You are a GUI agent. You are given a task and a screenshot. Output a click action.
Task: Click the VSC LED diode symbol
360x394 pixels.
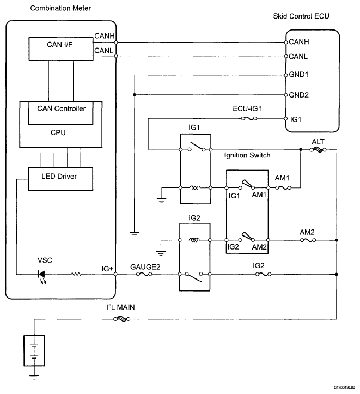click(42, 274)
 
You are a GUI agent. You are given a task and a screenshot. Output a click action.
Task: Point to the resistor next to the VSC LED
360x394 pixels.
click(76, 274)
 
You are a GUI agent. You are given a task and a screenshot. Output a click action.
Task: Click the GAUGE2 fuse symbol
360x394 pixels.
click(144, 274)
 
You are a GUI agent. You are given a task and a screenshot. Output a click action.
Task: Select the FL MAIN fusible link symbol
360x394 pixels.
click(121, 319)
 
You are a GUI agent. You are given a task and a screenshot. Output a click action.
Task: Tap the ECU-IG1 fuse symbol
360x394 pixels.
click(249, 118)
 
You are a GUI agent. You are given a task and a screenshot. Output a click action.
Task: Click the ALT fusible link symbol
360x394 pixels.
click(318, 150)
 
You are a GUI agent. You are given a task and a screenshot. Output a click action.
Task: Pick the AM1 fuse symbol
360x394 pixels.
click(283, 187)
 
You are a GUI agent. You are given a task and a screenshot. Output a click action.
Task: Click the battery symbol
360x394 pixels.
click(34, 350)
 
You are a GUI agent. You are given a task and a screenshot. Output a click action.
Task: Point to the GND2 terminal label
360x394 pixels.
click(299, 95)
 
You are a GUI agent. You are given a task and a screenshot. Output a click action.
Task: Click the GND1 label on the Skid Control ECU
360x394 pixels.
click(298, 74)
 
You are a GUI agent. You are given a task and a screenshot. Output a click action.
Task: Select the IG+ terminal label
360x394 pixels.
click(107, 269)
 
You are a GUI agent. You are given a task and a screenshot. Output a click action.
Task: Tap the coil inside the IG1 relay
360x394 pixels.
click(195, 187)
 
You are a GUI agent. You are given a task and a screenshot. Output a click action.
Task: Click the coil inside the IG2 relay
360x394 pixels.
click(194, 240)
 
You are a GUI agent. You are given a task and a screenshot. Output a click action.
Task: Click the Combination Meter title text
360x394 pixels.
click(60, 8)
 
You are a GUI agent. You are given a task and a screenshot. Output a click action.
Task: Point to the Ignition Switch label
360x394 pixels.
click(247, 155)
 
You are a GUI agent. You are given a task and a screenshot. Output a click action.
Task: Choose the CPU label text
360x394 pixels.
click(58, 132)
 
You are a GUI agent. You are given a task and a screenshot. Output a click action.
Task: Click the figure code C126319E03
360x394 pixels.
click(344, 387)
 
